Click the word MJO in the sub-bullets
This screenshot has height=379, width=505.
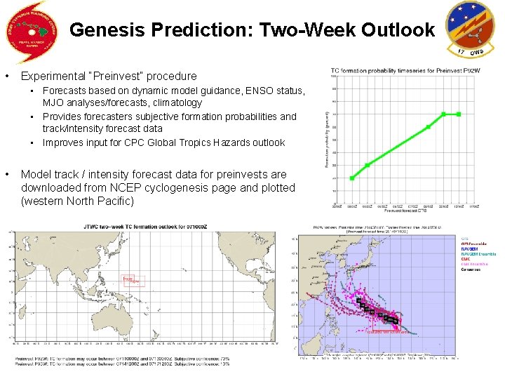(x=54, y=102)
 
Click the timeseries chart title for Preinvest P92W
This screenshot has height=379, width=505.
(x=396, y=70)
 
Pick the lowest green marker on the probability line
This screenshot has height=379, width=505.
(x=352, y=178)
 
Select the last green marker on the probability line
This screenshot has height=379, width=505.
(x=459, y=114)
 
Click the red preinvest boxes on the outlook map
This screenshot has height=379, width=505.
(x=132, y=279)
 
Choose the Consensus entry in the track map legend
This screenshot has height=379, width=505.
(x=471, y=270)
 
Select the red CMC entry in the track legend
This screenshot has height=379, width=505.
(x=465, y=259)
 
